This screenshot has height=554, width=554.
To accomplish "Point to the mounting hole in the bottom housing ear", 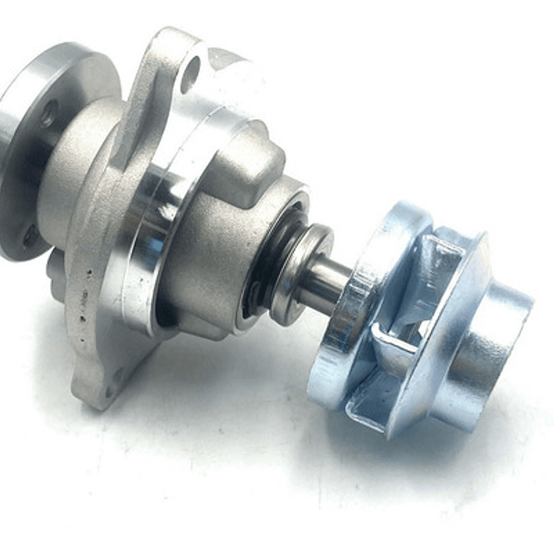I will click(x=117, y=375).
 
